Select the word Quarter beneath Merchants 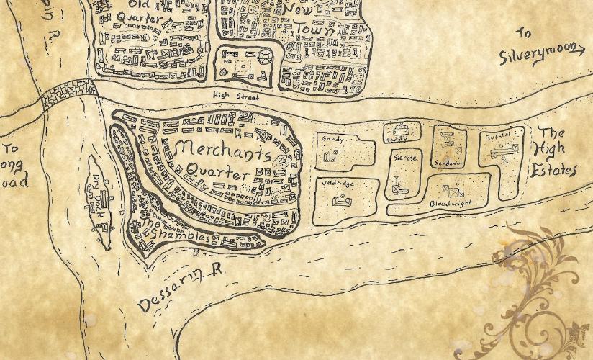pyautogui.click(x=218, y=173)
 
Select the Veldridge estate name pyautogui.click(x=337, y=184)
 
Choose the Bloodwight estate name pyautogui.click(x=450, y=204)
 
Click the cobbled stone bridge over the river pyautogui.click(x=69, y=94)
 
